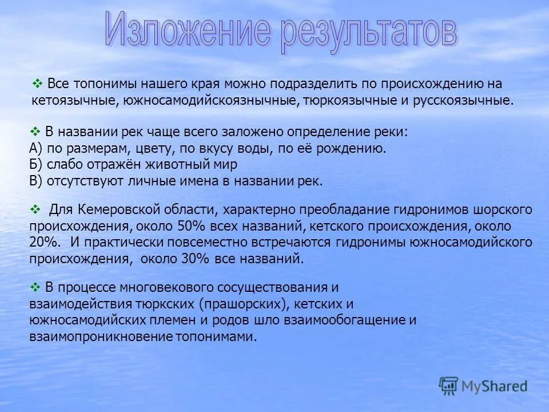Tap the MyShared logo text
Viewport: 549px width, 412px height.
(x=494, y=386)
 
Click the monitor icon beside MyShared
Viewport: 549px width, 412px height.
(x=448, y=386)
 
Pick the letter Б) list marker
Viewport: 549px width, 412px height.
(x=36, y=165)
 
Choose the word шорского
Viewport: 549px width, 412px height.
(x=508, y=209)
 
